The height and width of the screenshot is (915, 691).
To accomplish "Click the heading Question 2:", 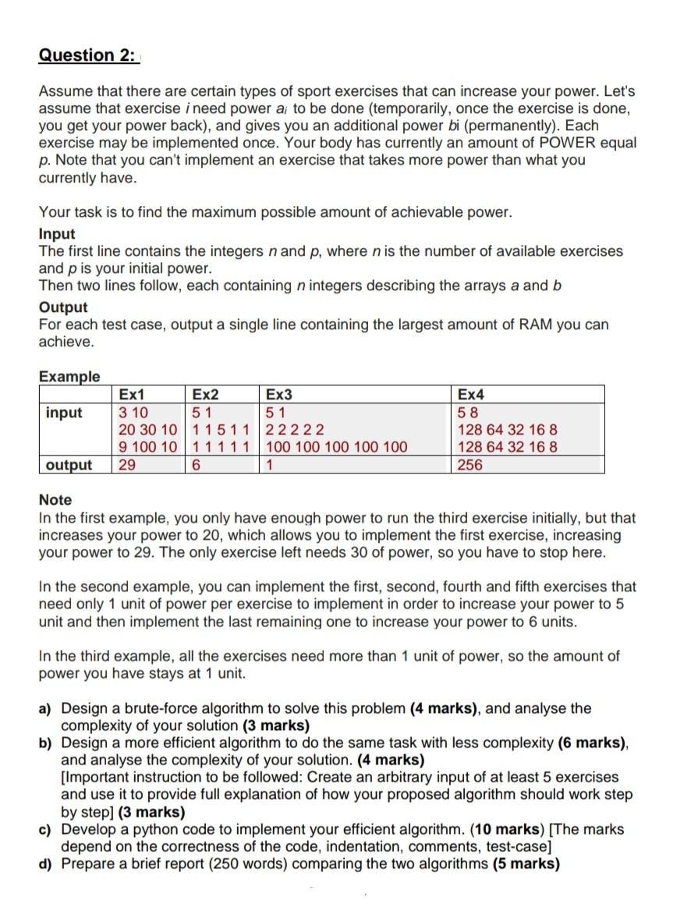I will (x=87, y=55).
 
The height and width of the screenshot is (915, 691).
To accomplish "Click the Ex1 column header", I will (x=132, y=395).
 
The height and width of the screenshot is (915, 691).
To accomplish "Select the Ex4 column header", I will (x=472, y=395).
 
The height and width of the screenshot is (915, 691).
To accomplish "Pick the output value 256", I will (x=470, y=465).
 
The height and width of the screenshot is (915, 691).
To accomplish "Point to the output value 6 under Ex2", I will (x=196, y=465).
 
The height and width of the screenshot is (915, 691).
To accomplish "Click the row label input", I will (x=64, y=412).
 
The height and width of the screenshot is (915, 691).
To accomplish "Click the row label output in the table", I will (x=69, y=465).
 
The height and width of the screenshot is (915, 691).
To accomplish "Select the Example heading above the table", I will (x=69, y=377).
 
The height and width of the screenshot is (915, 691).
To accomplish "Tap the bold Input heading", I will (x=57, y=234).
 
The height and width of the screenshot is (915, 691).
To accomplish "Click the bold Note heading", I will (x=55, y=500).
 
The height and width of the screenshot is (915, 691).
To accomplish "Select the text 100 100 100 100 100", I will (x=337, y=448).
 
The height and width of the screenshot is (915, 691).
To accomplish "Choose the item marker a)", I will (x=46, y=709).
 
